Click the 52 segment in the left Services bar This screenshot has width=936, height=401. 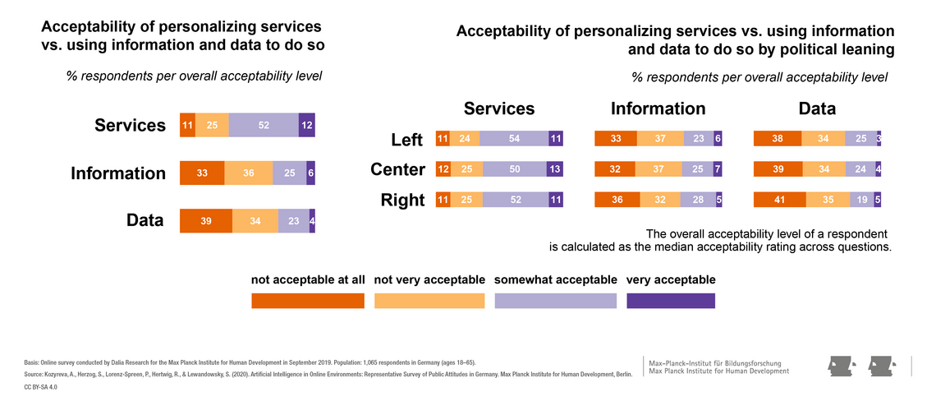tap(264, 125)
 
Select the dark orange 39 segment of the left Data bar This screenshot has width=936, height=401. tap(206, 221)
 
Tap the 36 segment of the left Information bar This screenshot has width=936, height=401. tap(248, 173)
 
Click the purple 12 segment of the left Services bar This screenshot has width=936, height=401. tap(307, 125)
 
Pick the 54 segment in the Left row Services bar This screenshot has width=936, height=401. tap(514, 140)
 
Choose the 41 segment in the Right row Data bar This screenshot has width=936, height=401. tap(779, 200)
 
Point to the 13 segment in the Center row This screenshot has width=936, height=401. tap(555, 170)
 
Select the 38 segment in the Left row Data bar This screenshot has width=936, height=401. tap(778, 140)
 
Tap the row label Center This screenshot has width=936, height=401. tap(398, 170)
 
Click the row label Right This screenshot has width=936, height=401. tap(404, 200)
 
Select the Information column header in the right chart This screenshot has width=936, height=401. tap(658, 108)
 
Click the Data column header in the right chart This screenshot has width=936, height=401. tap(817, 108)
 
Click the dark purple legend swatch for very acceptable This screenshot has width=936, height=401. tap(671, 301)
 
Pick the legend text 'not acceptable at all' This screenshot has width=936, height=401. tap(308, 280)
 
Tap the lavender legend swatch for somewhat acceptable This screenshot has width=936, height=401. tap(555, 301)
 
